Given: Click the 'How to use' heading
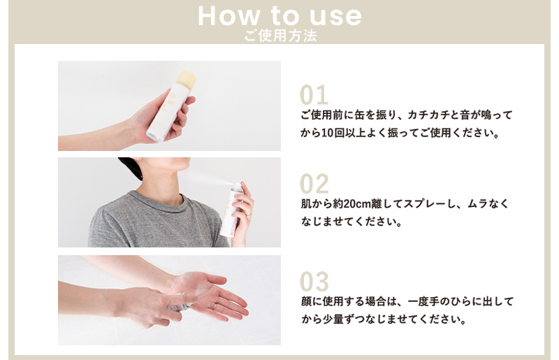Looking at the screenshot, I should click(279, 15).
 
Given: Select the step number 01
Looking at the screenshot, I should click(314, 95).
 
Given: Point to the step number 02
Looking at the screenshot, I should click(314, 184).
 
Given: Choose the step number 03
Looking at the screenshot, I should click(314, 282).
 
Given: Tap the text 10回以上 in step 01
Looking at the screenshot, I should click(340, 133).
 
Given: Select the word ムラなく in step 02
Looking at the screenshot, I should click(492, 204).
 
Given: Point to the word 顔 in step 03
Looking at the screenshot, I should click(305, 302).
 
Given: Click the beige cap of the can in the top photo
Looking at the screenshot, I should click(187, 79).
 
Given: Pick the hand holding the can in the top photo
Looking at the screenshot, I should click(164, 119).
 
